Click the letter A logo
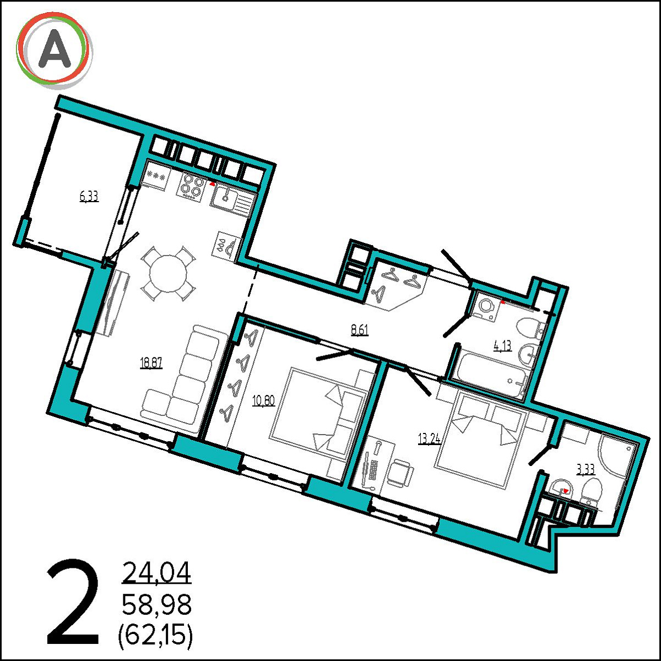54,51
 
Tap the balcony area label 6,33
89,197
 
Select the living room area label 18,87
151,362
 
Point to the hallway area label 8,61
360,330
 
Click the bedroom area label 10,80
263,400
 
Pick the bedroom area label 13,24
430,438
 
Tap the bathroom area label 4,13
502,346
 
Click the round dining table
169,273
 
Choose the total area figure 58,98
157,605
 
